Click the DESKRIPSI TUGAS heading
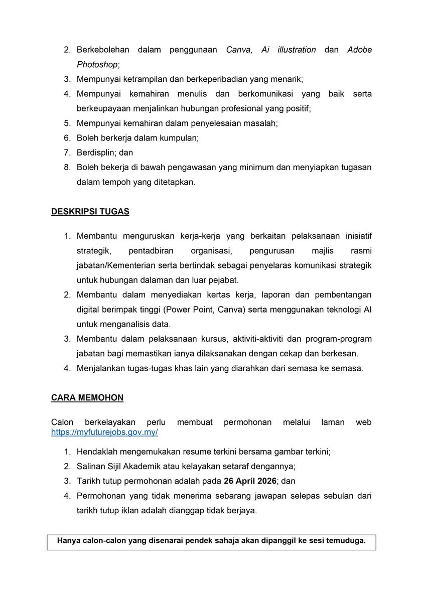click(90, 212)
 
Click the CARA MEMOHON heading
click(87, 398)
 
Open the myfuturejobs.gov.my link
click(104, 432)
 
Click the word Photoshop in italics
click(98, 64)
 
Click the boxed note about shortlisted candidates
click(211, 541)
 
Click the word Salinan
click(91, 466)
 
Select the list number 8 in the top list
click(67, 168)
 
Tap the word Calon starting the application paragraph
click(62, 422)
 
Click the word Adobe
click(359, 50)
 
